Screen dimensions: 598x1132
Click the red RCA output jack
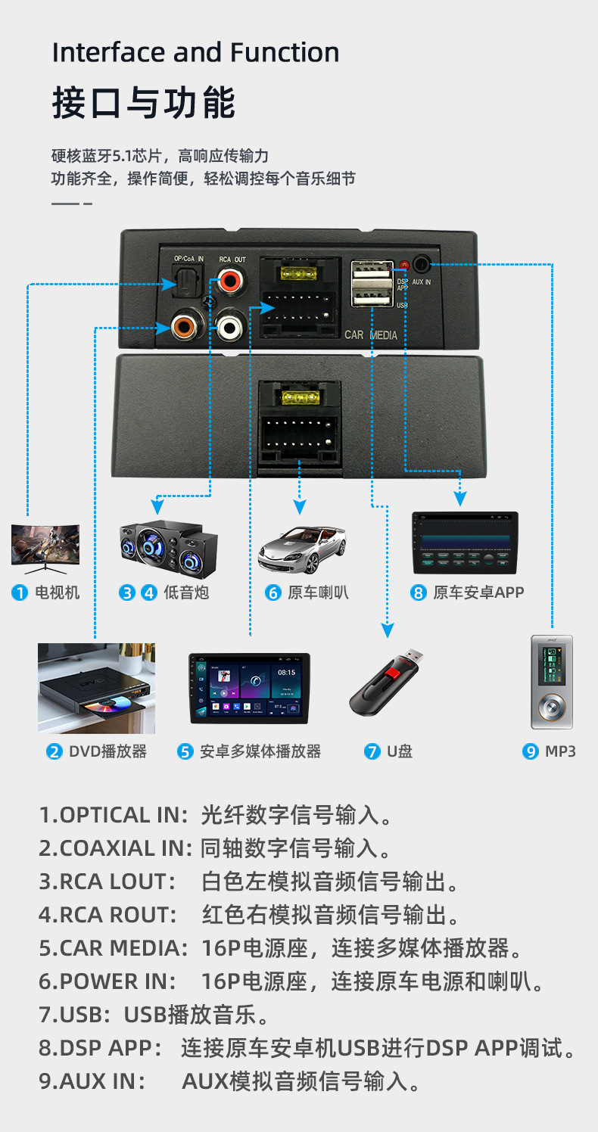pyautogui.click(x=229, y=284)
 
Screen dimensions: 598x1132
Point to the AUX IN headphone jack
pyautogui.click(x=422, y=264)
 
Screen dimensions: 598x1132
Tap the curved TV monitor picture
pyautogui.click(x=45, y=545)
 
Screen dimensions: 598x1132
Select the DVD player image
pyautogui.click(x=96, y=689)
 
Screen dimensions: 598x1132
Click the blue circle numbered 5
pyautogui.click(x=185, y=751)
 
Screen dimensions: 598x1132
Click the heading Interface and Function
pyautogui.click(x=195, y=52)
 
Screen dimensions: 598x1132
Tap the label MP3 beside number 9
pyautogui.click(x=560, y=751)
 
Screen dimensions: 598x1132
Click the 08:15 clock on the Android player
pyautogui.click(x=287, y=671)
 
